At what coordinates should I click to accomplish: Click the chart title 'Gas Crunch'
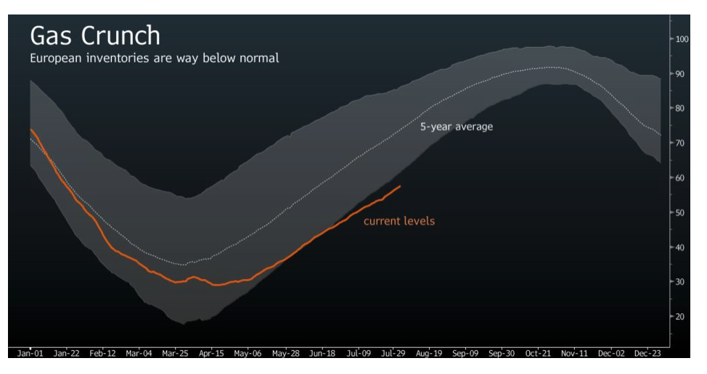pos(94,36)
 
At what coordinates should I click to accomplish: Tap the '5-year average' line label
pos(457,127)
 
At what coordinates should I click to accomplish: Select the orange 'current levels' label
pos(399,220)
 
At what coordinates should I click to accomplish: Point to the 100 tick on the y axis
pos(682,38)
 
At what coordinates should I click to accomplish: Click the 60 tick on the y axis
pos(679,178)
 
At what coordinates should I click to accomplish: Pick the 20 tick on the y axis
pos(679,317)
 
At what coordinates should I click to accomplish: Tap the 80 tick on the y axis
pos(679,108)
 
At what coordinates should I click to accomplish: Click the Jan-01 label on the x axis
pos(30,354)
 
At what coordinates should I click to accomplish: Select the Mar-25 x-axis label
pos(175,354)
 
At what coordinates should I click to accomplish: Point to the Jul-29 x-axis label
pos(392,354)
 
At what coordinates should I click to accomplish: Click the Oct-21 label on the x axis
pos(538,354)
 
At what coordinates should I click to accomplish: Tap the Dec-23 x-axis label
pos(646,354)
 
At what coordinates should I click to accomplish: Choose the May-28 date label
pos(284,354)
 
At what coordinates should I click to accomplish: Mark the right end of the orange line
pos(400,186)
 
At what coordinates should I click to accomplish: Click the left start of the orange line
pos(30,130)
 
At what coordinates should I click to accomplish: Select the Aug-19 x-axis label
pos(429,354)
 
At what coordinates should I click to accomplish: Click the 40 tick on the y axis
pos(679,247)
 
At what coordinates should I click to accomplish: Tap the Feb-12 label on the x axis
pos(102,354)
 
